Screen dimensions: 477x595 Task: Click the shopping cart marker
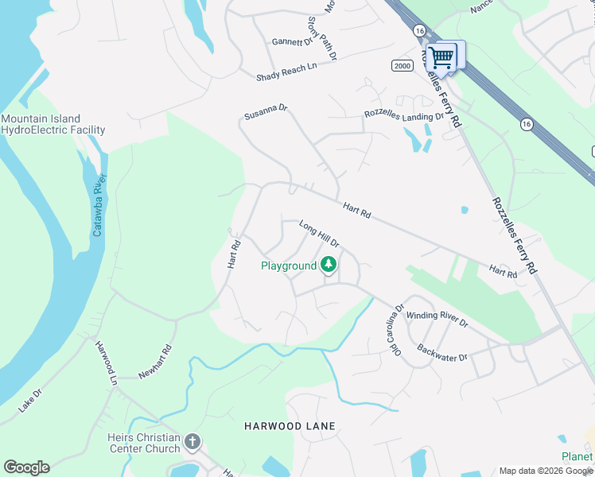[x=441, y=56]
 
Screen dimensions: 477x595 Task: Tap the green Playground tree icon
[x=329, y=266]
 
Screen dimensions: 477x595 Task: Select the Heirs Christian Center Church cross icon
[x=192, y=441]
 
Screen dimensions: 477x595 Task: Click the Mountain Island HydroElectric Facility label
[x=53, y=124]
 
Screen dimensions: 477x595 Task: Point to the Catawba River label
[x=99, y=207]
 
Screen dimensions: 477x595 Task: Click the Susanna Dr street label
[x=266, y=115]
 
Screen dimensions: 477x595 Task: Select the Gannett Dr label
[x=293, y=42]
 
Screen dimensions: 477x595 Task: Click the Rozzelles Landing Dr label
[x=403, y=115]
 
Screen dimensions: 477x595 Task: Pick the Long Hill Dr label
[x=319, y=234]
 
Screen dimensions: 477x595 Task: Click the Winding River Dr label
[x=437, y=318]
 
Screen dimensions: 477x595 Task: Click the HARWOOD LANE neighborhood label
[x=290, y=426]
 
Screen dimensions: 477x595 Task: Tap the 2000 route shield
[x=402, y=66]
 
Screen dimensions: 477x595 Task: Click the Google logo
[x=26, y=467]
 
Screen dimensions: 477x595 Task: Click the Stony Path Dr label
[x=323, y=38]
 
